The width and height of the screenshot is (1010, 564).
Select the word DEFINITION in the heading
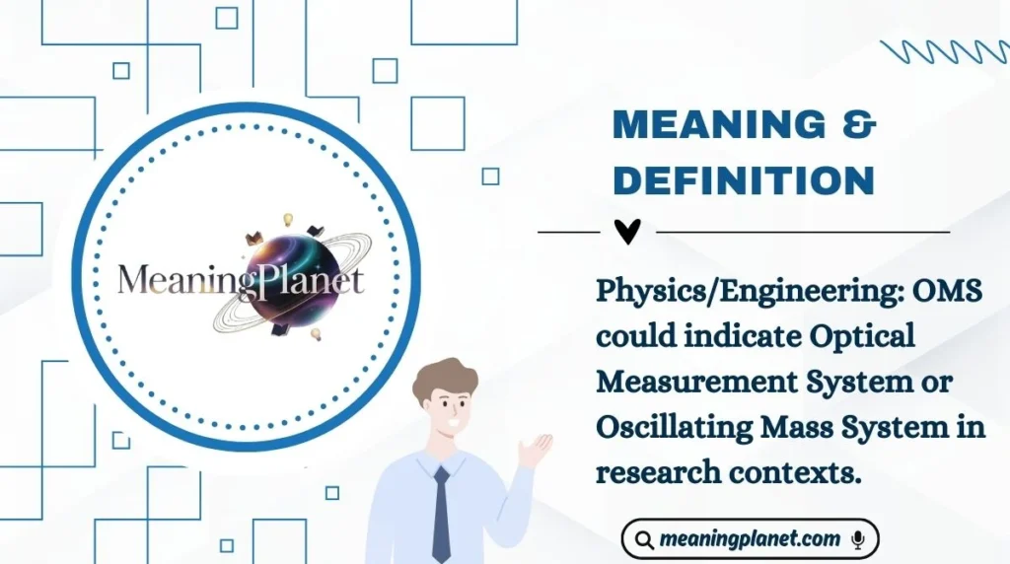click(x=744, y=179)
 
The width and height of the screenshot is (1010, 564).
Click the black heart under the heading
click(x=627, y=232)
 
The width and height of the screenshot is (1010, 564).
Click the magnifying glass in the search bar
click(x=645, y=540)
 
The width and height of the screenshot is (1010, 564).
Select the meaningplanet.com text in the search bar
click(x=751, y=539)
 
